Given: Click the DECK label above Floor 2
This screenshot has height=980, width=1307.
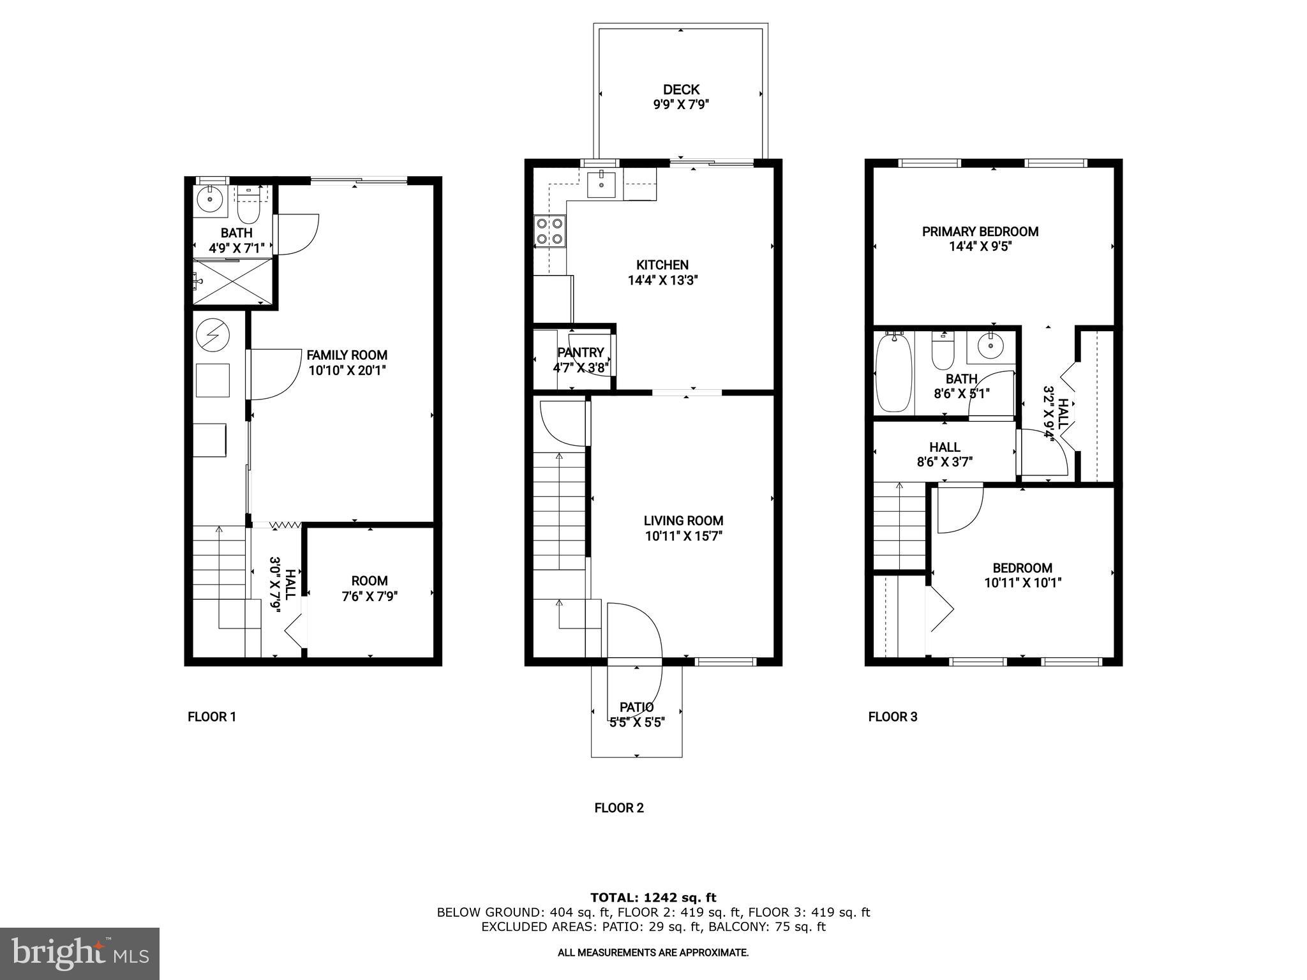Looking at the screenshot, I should point(681,90).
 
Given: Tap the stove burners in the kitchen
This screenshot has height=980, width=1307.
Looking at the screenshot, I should point(549,231).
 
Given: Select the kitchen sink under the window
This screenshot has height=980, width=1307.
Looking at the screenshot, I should point(601,184).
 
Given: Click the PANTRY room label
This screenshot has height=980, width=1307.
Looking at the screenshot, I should point(580,353).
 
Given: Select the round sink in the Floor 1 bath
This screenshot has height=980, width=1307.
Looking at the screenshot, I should point(210,200).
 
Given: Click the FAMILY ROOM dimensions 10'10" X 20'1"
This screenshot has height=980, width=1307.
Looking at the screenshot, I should point(347,371).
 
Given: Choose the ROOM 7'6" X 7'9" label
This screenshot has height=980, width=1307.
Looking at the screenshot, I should point(370,588).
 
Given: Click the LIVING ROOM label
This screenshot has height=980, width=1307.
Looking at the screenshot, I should point(683,521).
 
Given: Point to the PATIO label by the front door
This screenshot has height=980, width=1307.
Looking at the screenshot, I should point(636,707).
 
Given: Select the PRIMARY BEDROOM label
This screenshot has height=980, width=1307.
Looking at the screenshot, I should point(980,232).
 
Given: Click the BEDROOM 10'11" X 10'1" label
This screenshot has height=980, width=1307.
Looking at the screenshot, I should point(1022,575).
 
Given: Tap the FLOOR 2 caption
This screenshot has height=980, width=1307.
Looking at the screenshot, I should point(619,808).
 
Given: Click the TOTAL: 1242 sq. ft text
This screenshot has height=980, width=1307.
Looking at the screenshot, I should point(653,898).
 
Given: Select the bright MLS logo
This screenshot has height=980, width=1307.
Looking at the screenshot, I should point(80,953).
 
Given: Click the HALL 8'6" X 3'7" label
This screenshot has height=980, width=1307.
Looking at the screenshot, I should point(945,454).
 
